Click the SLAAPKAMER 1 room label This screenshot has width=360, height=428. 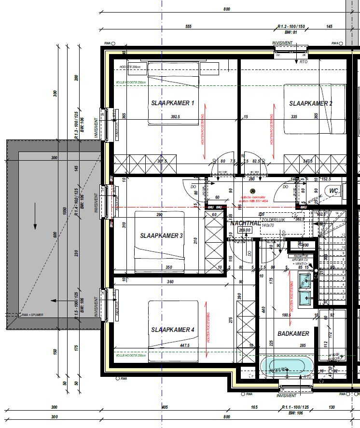(173, 103)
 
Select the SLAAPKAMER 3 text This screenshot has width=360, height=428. (161, 236)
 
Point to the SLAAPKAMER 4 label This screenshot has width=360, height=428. (173, 330)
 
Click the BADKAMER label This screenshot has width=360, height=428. (293, 333)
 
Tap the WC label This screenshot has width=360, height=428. (333, 191)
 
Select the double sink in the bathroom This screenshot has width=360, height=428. (305, 289)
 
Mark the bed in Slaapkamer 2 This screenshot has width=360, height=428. (314, 109)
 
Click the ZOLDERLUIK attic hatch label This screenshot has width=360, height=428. (273, 219)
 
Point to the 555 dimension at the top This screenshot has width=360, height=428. (189, 26)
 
